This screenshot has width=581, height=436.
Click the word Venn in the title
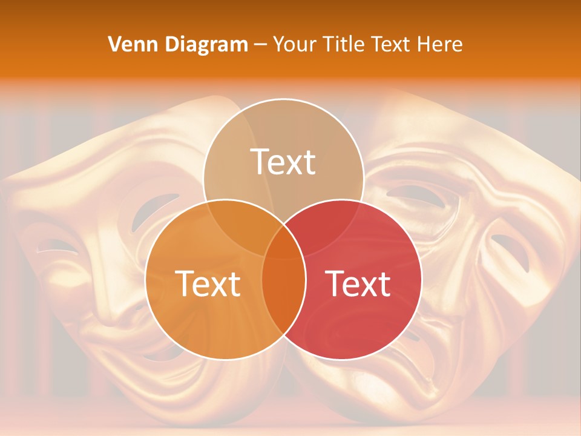click(128, 44)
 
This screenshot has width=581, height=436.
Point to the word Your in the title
click(295, 44)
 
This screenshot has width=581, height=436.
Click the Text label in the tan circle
click(283, 162)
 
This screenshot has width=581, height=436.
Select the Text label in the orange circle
click(208, 283)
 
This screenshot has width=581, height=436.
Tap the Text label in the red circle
click(358, 283)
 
